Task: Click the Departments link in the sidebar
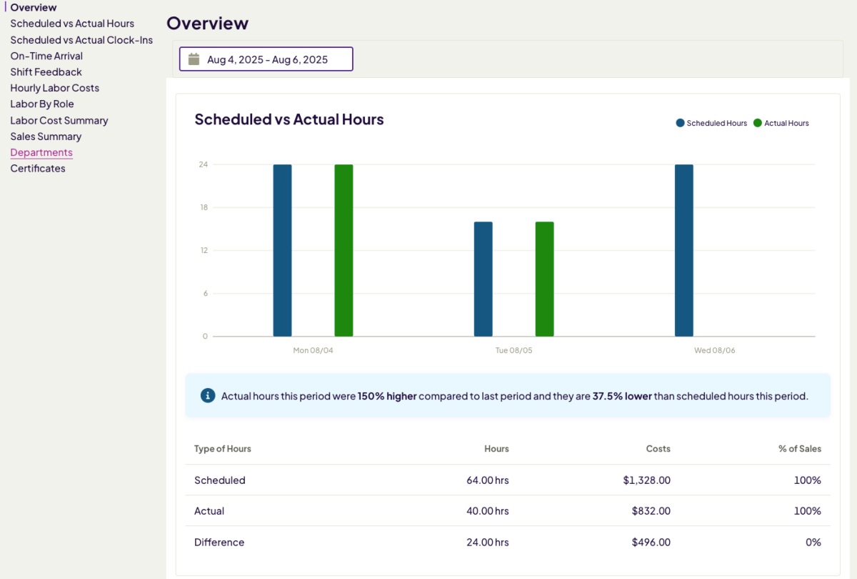click(41, 152)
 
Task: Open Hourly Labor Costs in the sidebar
click(54, 88)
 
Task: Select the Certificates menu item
click(38, 169)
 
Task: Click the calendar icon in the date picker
click(194, 59)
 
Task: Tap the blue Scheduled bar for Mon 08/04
click(282, 250)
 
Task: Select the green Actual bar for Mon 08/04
click(344, 250)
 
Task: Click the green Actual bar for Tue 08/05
click(544, 279)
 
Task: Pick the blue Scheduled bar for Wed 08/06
click(683, 250)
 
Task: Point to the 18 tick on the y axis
click(204, 207)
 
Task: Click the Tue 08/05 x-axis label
click(513, 350)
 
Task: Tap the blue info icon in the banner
click(208, 395)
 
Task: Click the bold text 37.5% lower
click(622, 396)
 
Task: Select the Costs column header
click(658, 449)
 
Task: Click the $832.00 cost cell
click(651, 511)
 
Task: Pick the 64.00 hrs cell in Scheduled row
click(488, 480)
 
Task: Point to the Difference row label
click(219, 543)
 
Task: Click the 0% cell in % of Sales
click(813, 543)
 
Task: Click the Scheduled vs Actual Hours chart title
click(289, 119)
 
